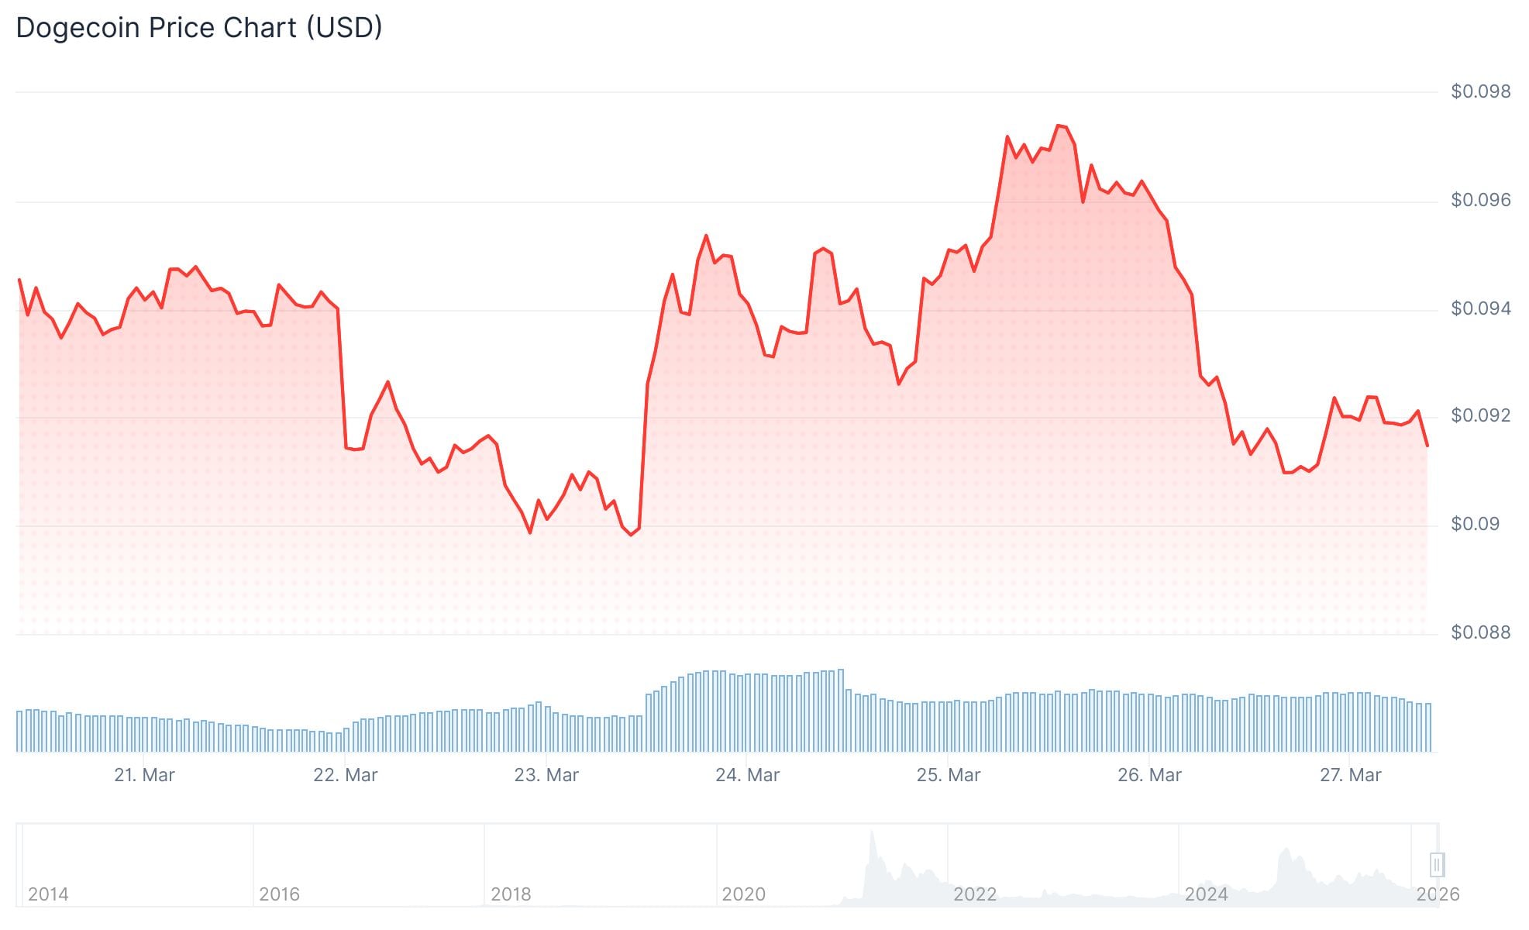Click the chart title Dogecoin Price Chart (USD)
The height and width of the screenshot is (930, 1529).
coord(199,28)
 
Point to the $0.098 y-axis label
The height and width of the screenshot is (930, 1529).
coord(1480,91)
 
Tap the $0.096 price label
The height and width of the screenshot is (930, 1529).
coord(1480,200)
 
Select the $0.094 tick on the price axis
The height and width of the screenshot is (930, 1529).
coord(1480,308)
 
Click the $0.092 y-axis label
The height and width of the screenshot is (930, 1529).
coord(1480,415)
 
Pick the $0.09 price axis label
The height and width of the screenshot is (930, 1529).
coord(1475,524)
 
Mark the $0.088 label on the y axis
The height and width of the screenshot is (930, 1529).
coord(1480,632)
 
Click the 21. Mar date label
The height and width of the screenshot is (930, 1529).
coord(144,775)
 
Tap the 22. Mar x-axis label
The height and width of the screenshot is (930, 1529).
coord(345,775)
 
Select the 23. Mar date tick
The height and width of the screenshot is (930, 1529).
coord(546,775)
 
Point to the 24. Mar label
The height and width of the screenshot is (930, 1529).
coord(747,775)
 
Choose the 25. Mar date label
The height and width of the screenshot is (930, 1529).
coord(949,775)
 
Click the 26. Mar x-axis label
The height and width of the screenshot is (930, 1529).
coord(1149,775)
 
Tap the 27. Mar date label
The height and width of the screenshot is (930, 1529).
coord(1351,775)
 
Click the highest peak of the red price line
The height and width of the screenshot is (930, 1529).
coord(1059,126)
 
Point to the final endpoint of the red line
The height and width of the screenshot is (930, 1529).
coord(1427,446)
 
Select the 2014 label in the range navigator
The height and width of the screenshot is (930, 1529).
coord(48,894)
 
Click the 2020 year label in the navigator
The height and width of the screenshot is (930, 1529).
coord(743,894)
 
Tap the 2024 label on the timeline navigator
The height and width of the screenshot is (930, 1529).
coord(1206,894)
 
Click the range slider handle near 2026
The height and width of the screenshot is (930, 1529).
coord(1437,864)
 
